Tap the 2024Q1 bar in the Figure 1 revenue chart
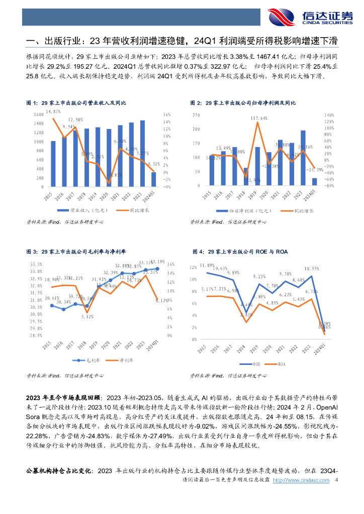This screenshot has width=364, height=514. pos(154,179)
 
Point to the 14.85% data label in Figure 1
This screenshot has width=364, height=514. pos(53,111)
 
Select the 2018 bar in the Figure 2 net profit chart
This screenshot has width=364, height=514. pos(246,177)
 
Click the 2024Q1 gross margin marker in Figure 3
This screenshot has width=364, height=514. pos(157,269)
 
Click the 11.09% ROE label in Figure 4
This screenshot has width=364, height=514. pos(207,265)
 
